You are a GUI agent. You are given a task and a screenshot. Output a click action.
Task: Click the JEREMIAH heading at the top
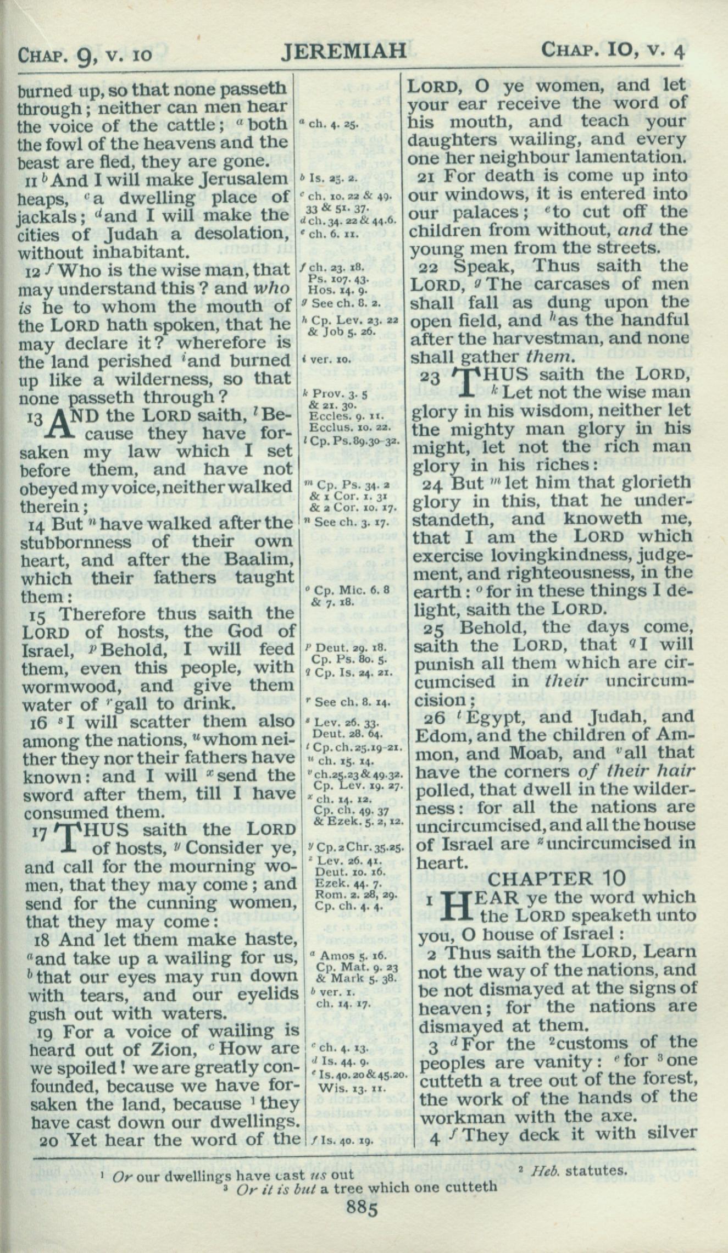point(344,52)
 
